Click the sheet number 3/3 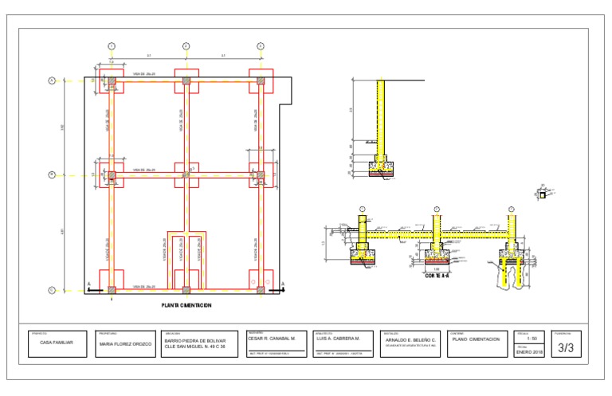566,347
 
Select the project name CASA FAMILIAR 57,342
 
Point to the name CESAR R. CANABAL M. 272,339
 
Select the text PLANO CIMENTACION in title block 476,339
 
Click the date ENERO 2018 529,352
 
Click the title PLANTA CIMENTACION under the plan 186,305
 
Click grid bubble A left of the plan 52,80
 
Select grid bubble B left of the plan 52,174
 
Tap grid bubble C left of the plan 52,290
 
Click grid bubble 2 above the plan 186,46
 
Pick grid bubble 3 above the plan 261,46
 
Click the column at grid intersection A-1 112,81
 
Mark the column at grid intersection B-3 261,174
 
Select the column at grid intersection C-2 186,289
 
